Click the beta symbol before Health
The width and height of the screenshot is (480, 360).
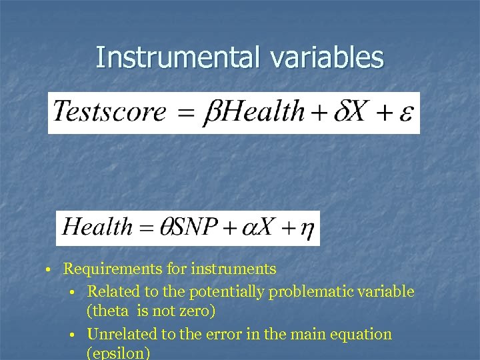coord(211,112)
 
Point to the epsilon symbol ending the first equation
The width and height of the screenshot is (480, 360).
coord(405,112)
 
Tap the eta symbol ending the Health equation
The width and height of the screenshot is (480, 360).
coord(307,229)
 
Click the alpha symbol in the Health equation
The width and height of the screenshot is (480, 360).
coord(247,228)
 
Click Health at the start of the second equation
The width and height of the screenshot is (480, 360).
coord(97,227)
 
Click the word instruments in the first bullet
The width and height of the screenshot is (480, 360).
coord(233,269)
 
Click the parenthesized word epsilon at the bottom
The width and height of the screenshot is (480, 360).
coord(117,353)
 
